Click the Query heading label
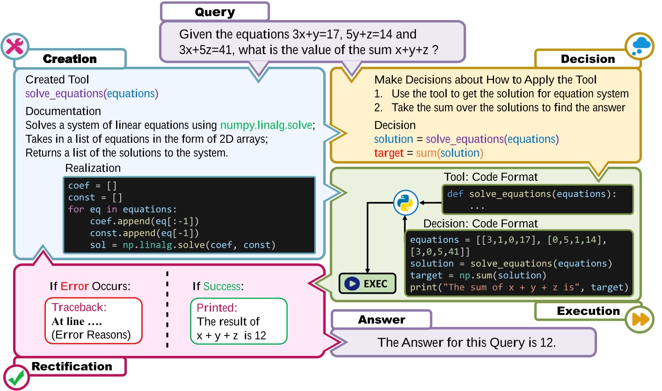(215, 12)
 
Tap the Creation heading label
(70, 59)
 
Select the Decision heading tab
(588, 59)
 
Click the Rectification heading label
(72, 366)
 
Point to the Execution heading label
(589, 311)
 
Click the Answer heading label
(382, 320)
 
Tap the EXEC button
(367, 284)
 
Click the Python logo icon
(405, 203)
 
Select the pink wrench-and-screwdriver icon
(15, 47)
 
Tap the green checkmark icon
(16, 378)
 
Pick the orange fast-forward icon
(640, 319)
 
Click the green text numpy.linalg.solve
(266, 125)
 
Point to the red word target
(389, 153)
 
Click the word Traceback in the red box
(79, 307)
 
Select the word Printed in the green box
(217, 307)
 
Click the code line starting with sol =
(182, 245)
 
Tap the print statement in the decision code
(519, 287)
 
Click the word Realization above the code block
(93, 168)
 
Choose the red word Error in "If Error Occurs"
(74, 286)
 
